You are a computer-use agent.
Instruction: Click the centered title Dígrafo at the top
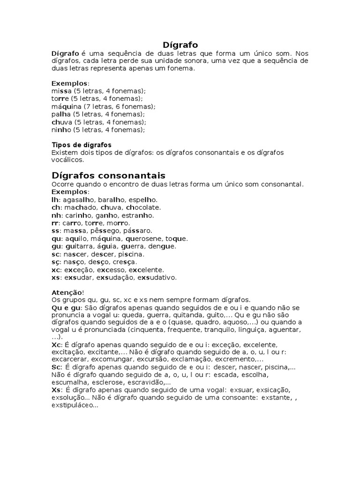pyautogui.click(x=180, y=45)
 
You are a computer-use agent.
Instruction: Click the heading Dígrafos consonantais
pyautogui.click(x=108, y=176)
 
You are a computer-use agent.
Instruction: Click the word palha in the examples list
pyautogui.click(x=61, y=114)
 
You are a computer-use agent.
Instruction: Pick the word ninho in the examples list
pyautogui.click(x=61, y=130)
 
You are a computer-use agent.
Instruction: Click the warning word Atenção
pyautogui.click(x=66, y=292)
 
